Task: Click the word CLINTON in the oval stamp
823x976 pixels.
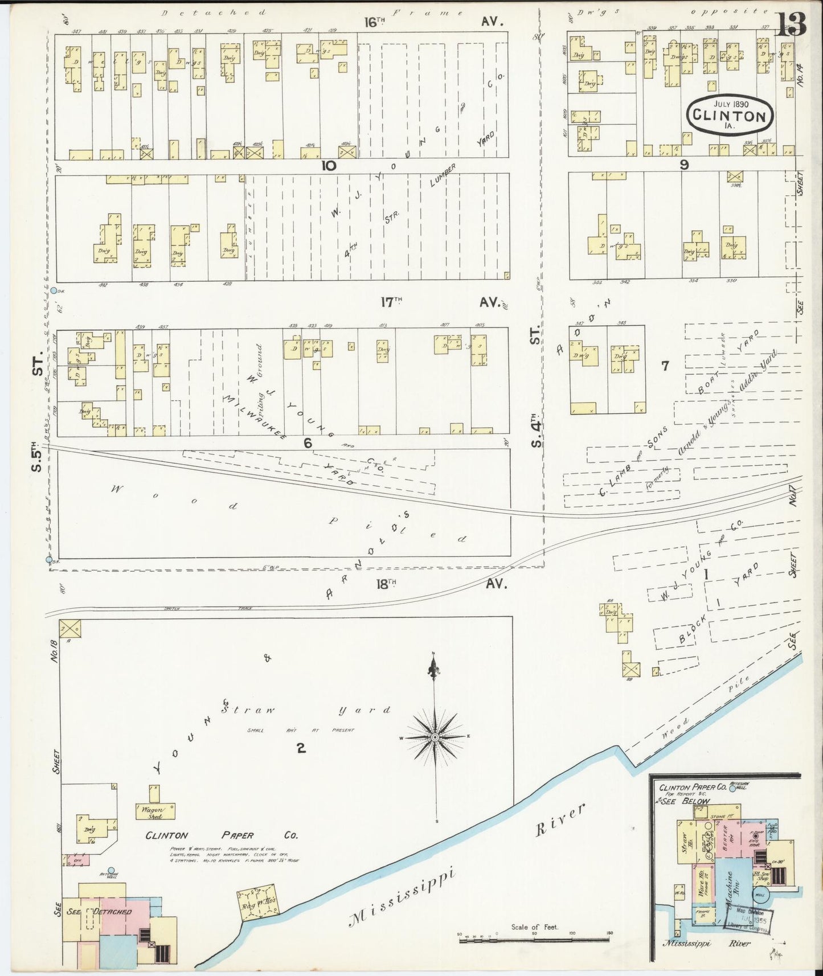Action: [x=729, y=116]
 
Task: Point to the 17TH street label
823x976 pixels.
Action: [x=391, y=302]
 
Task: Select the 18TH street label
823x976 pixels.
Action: [x=386, y=583]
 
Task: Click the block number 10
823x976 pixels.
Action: [x=329, y=166]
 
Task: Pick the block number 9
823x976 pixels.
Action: [x=684, y=165]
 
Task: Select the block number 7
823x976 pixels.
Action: [x=664, y=366]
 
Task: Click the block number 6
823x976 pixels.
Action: [x=308, y=442]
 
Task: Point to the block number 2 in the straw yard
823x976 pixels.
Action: [x=300, y=748]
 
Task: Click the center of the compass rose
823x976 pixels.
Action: [x=435, y=737]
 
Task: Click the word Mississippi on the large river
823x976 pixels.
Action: [x=404, y=895]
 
